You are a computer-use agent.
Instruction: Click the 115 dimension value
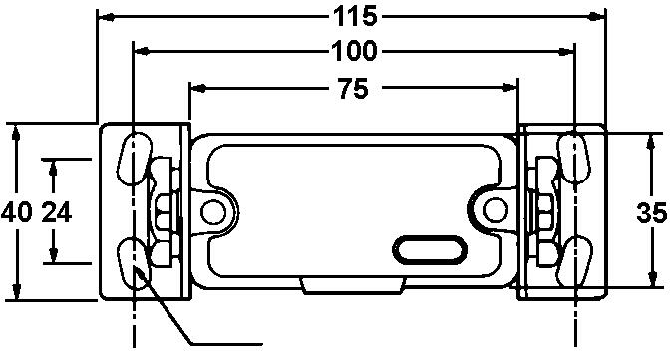[352, 16]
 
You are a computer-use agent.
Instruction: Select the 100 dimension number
[352, 50]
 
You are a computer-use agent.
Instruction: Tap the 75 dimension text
[351, 89]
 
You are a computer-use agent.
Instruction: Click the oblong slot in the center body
[428, 248]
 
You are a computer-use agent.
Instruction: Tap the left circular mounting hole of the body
[210, 211]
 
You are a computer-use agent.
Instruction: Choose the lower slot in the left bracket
[132, 261]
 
